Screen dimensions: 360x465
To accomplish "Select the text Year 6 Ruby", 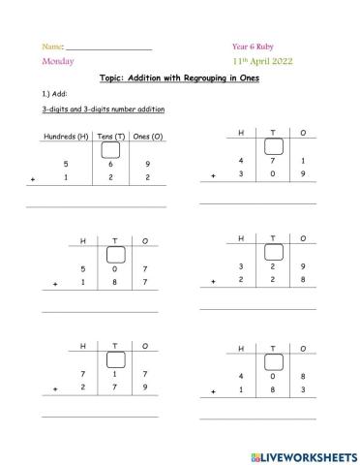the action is point(253,46).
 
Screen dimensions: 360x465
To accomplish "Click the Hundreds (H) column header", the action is point(66,136).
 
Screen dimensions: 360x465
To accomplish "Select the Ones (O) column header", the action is point(148,136).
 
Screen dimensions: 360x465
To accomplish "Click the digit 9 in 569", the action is point(147,164).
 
